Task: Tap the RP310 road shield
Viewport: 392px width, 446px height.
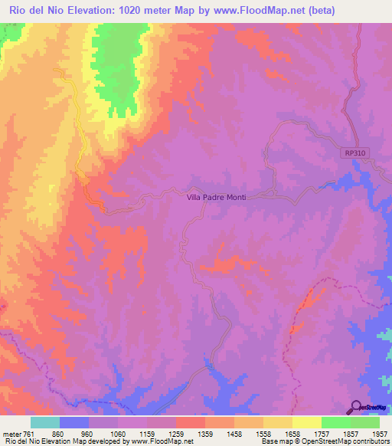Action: click(x=354, y=153)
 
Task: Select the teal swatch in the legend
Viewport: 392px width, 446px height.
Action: click(x=45, y=422)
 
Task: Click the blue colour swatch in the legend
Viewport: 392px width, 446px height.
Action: click(x=74, y=422)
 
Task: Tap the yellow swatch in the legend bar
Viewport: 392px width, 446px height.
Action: click(x=306, y=422)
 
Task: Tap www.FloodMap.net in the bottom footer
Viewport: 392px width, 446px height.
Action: click(x=161, y=441)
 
